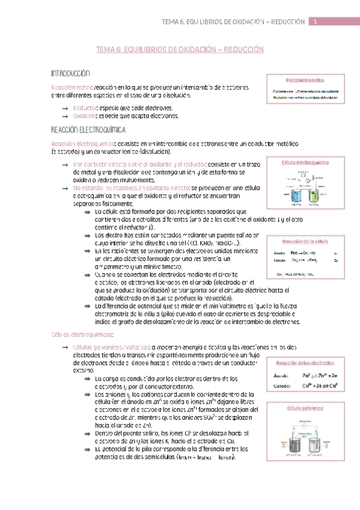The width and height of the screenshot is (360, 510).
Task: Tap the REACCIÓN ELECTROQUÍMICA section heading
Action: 89,130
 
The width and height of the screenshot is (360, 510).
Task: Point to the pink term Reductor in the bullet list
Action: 86,108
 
